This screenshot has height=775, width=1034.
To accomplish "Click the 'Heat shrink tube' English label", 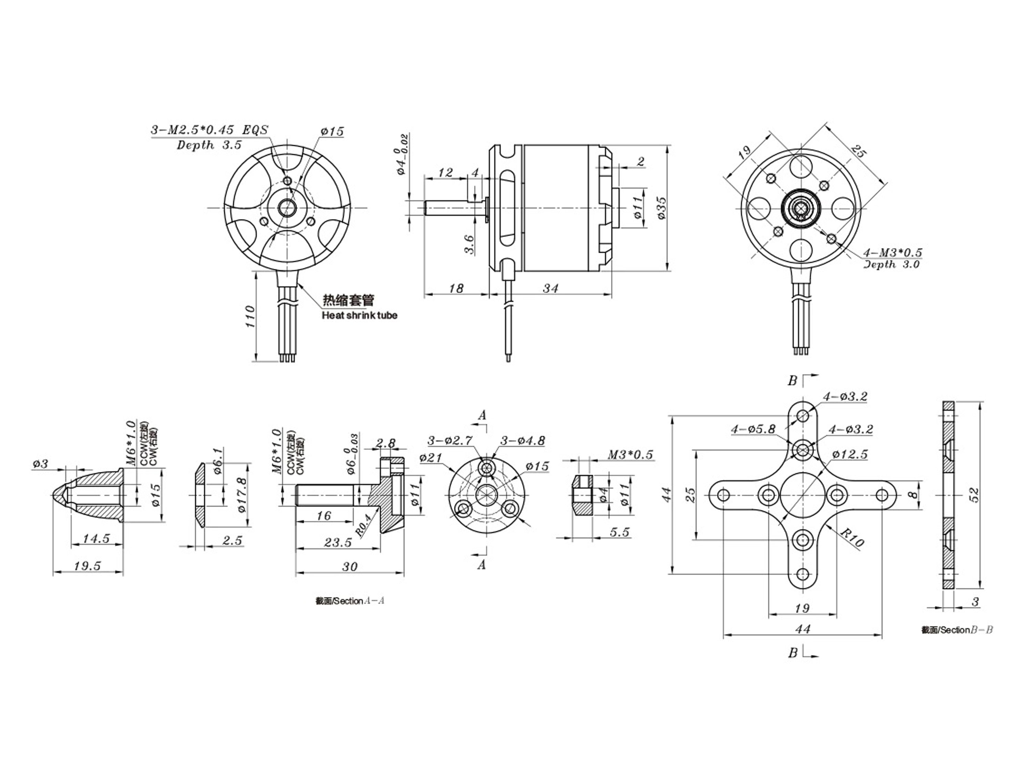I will coord(359,315).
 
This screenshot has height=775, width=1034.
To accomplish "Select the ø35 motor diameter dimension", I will coord(660,208).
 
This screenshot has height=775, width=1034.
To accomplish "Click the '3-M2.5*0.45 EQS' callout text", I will coord(210,130).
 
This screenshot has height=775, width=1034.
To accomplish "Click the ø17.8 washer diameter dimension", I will coord(242,495).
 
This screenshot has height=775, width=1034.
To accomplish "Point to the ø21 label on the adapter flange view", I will coord(430,458).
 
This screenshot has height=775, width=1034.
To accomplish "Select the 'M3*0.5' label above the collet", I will coord(630,455).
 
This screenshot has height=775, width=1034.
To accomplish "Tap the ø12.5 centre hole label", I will coord(850,454).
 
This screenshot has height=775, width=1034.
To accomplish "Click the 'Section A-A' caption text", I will coord(349,601).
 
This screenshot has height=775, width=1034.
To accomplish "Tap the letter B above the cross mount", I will coord(792,381).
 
